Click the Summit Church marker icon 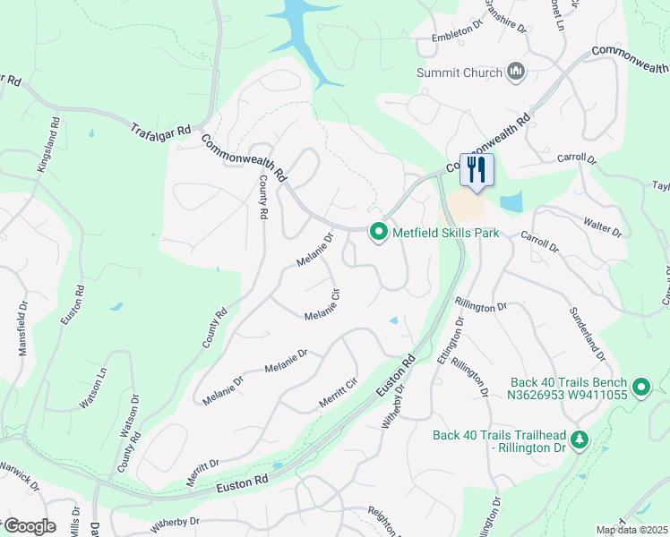515,72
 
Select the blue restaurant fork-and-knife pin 477,169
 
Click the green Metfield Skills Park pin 379,233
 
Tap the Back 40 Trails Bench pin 640,387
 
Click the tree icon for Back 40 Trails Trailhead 580,439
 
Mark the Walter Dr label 602,226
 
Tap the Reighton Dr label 387,518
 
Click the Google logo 30,526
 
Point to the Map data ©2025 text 631,530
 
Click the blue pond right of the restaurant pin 511,202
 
